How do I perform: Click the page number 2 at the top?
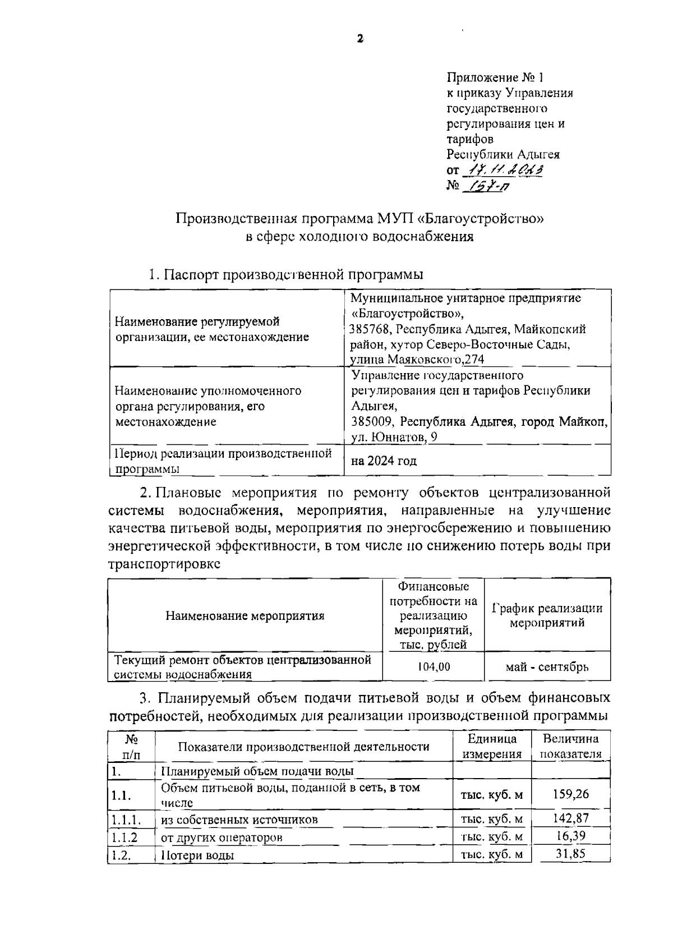pyautogui.click(x=360, y=39)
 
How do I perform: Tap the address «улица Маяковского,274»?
pyautogui.click(x=417, y=360)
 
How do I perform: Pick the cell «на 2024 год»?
pyautogui.click(x=384, y=461)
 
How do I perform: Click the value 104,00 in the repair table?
pyautogui.click(x=434, y=666)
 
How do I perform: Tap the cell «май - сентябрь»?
pyautogui.click(x=547, y=666)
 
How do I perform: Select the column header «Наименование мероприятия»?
pyautogui.click(x=245, y=616)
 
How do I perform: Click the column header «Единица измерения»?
pyautogui.click(x=492, y=746)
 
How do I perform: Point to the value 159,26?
pyautogui.click(x=571, y=794)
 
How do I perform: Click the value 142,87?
pyautogui.click(x=571, y=818)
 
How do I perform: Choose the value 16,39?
pyautogui.click(x=571, y=836)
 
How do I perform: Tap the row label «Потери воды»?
pyautogui.click(x=197, y=855)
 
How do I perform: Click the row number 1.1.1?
pyautogui.click(x=126, y=819)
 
